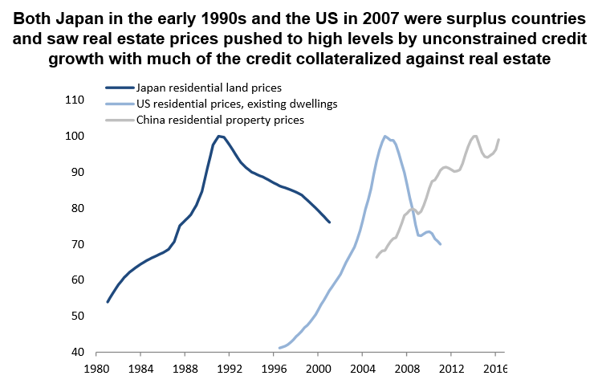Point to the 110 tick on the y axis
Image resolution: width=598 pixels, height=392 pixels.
[74, 100]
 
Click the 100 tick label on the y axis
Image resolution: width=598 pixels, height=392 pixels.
[74, 137]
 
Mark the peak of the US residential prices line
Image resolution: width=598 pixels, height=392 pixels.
[385, 136]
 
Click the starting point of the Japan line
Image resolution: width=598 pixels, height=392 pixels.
[108, 302]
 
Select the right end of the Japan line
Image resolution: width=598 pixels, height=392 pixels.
[329, 222]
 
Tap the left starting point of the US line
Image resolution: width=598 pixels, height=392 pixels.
[279, 348]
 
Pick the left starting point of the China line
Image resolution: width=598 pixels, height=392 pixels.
[376, 257]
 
